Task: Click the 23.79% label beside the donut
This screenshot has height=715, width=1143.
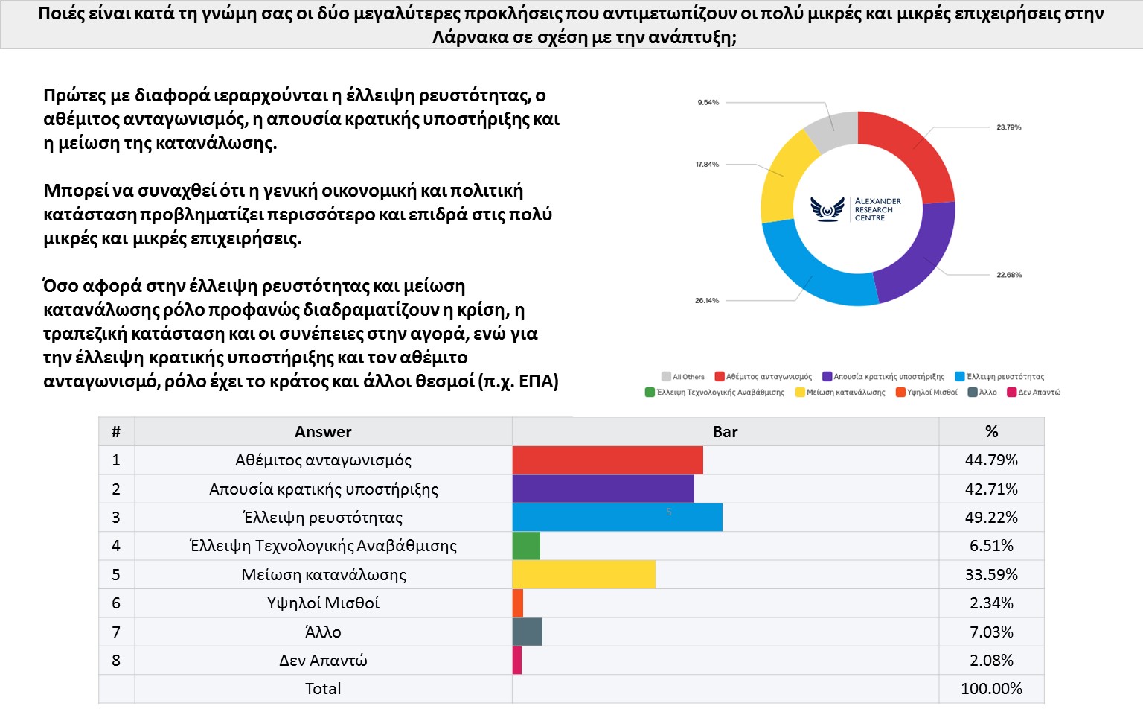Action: (1008, 127)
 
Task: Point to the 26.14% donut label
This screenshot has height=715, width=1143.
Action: (707, 301)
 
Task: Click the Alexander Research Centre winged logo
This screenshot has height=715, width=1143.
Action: (827, 209)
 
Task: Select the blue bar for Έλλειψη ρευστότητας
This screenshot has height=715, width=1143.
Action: (617, 518)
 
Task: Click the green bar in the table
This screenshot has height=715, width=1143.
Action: (526, 546)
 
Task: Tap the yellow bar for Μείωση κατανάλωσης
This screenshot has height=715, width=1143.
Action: (583, 575)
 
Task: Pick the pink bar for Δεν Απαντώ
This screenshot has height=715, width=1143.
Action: (517, 661)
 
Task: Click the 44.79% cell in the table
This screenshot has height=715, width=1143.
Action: (991, 460)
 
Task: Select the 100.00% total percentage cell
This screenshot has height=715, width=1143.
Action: (991, 689)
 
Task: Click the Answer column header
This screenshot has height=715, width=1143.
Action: (323, 432)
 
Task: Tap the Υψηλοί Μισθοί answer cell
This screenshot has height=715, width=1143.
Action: (323, 603)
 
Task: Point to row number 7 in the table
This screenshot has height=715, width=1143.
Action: (116, 632)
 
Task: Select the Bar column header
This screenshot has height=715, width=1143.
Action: (725, 432)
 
